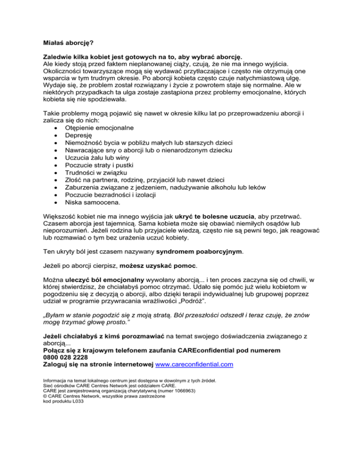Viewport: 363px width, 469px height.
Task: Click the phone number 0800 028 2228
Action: coord(64,357)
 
